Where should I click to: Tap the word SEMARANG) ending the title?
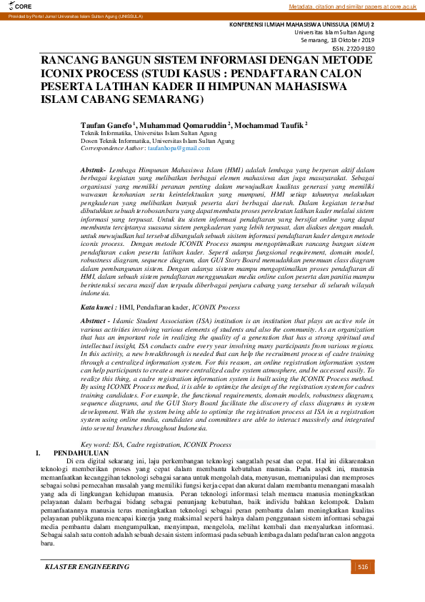point(171,98)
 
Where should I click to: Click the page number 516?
point(362,567)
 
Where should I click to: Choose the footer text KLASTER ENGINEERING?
point(87,567)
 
